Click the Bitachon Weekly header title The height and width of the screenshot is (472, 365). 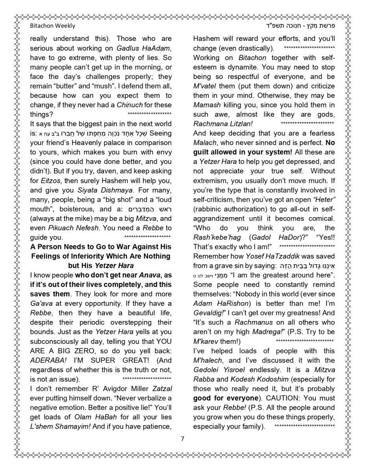click(x=52, y=26)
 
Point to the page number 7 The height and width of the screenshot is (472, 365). click(x=182, y=439)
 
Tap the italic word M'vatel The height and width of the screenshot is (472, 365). click(x=205, y=86)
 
